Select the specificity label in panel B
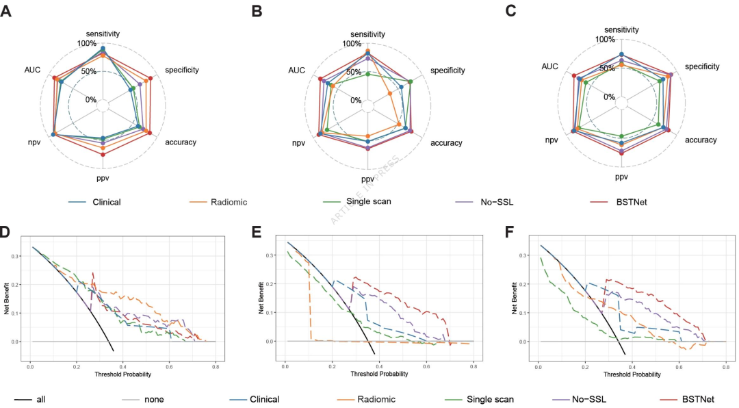click(x=448, y=70)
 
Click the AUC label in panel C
click(x=549, y=66)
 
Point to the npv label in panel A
click(x=34, y=142)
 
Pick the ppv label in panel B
click(x=368, y=179)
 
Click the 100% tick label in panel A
click(x=86, y=43)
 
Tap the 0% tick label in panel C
click(x=608, y=97)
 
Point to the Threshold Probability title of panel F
click(x=633, y=375)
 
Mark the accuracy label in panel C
click(x=700, y=140)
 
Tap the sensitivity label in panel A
click(x=103, y=33)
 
